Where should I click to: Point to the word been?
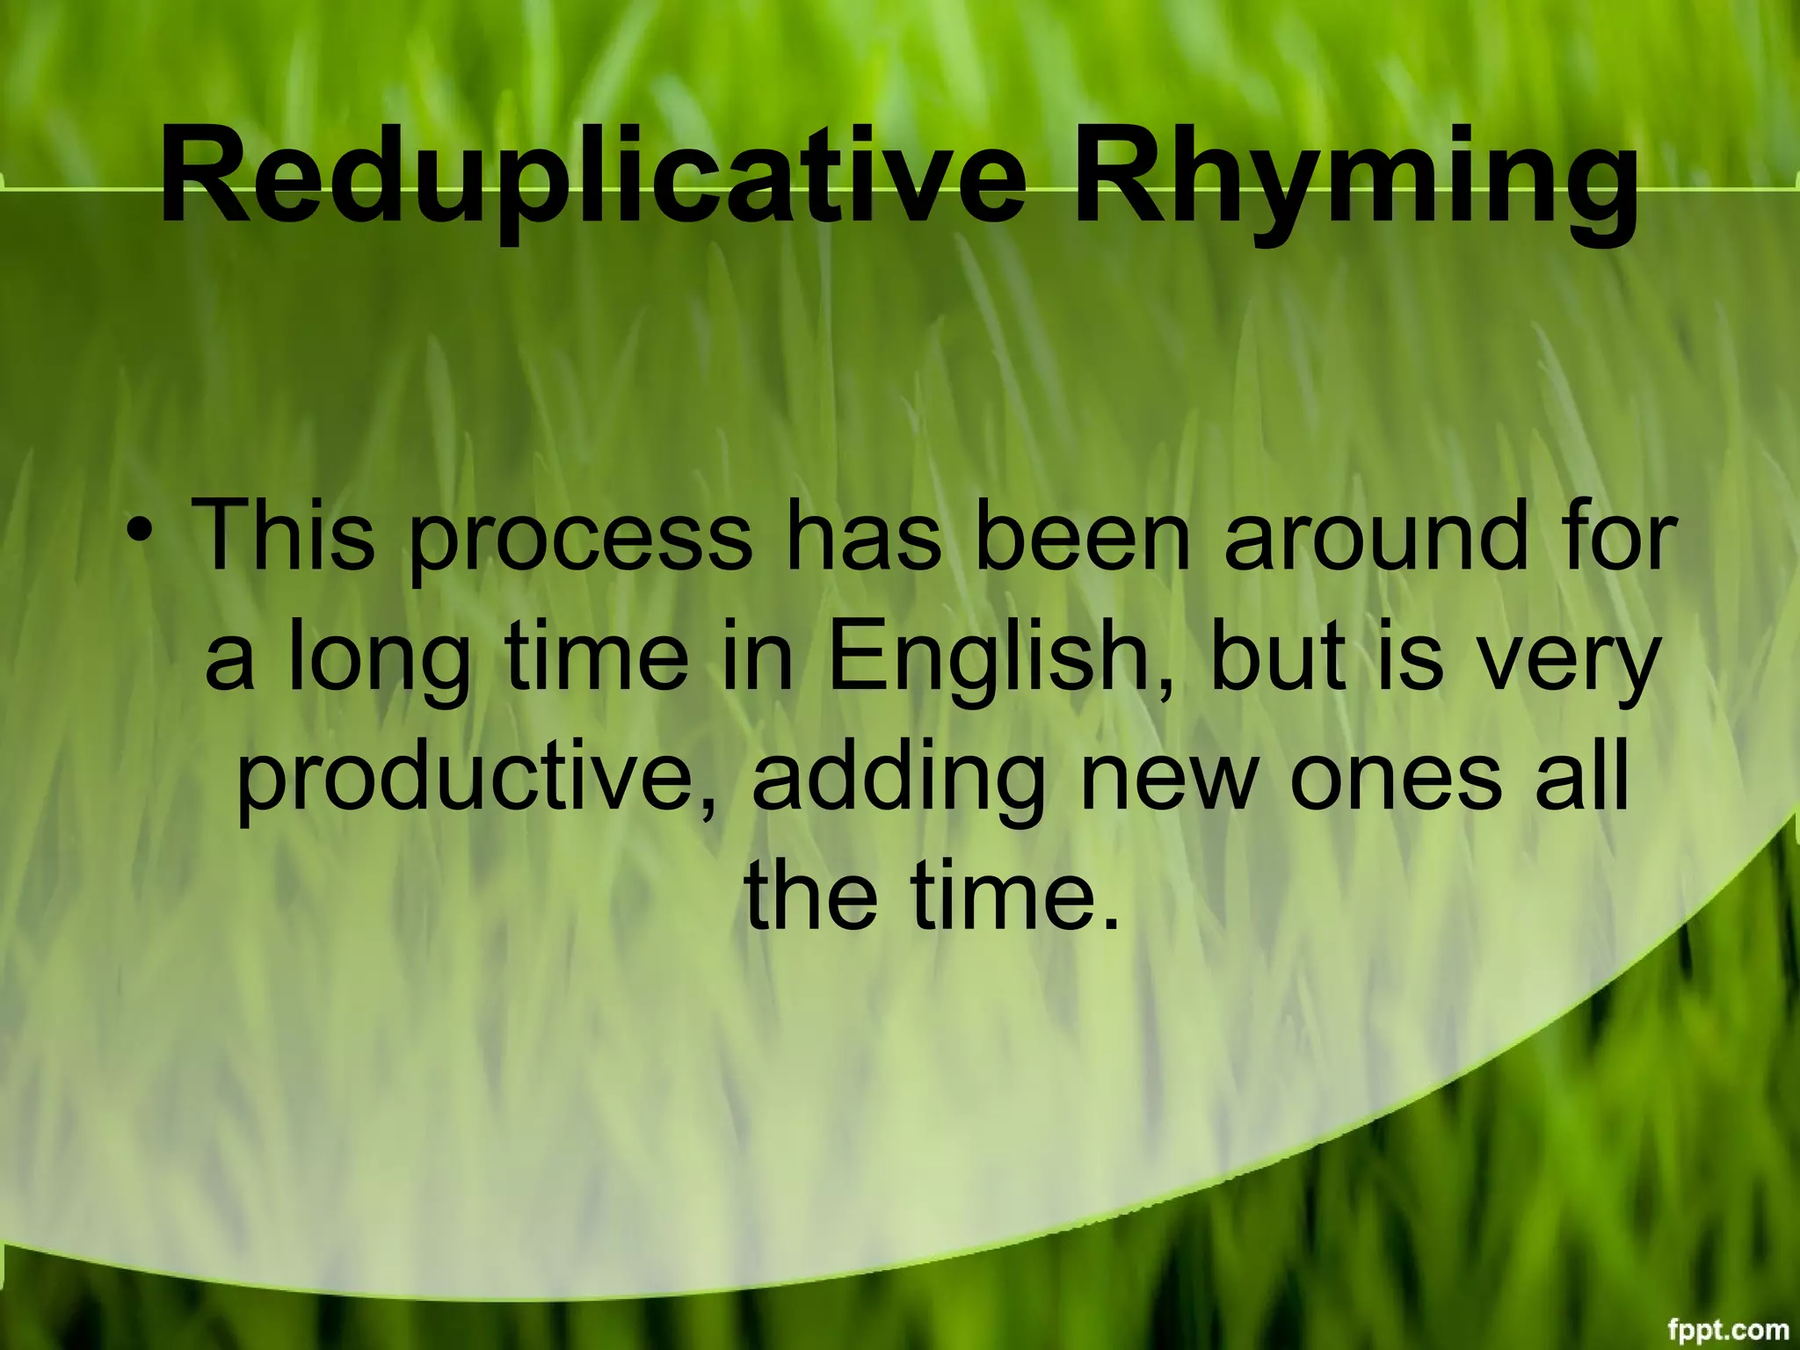(x=1082, y=534)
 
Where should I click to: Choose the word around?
(x=1376, y=534)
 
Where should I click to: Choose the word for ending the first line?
(x=1618, y=534)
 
